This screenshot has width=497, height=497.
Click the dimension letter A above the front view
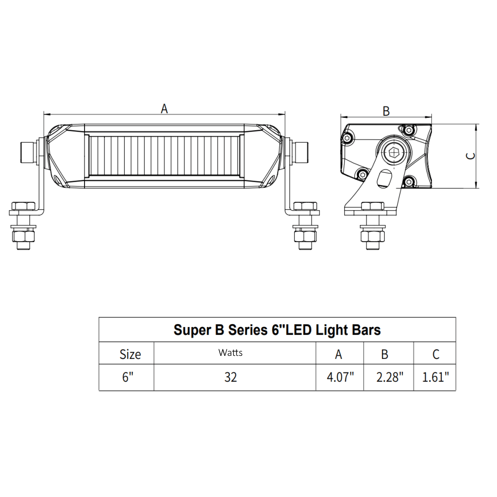point(165,108)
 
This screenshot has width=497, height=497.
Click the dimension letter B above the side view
point(386,111)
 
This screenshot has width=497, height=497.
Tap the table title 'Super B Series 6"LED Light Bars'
point(277,330)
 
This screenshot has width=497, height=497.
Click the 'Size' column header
point(130,354)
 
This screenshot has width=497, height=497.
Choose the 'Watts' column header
point(230,353)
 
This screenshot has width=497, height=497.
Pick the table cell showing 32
point(230,377)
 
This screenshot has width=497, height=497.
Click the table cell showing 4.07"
point(340,377)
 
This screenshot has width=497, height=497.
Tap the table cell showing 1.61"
point(435,377)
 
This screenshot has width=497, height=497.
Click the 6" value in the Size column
point(129,377)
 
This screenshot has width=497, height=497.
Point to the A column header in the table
point(338,354)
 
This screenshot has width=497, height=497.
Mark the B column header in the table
point(385,354)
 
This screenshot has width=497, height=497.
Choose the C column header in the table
point(435,354)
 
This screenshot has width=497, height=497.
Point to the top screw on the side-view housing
point(409,130)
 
